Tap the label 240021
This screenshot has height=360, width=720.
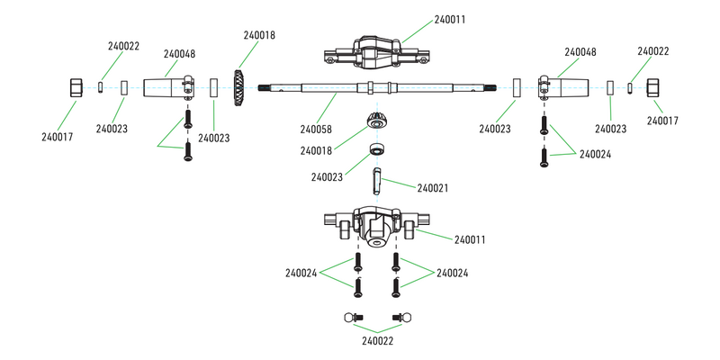pyautogui.click(x=435, y=188)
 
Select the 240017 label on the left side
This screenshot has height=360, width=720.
pyautogui.click(x=58, y=137)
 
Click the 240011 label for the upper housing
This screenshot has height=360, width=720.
pyautogui.click(x=449, y=19)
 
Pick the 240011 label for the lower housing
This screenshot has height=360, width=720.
pyautogui.click(x=471, y=239)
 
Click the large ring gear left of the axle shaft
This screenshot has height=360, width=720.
pyautogui.click(x=241, y=87)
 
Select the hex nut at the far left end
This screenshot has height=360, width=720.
pyautogui.click(x=77, y=87)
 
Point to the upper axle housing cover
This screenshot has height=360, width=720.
pyautogui.click(x=377, y=50)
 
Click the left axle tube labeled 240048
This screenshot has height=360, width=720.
pyautogui.click(x=169, y=87)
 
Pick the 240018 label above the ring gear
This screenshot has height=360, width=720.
pyautogui.click(x=259, y=35)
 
